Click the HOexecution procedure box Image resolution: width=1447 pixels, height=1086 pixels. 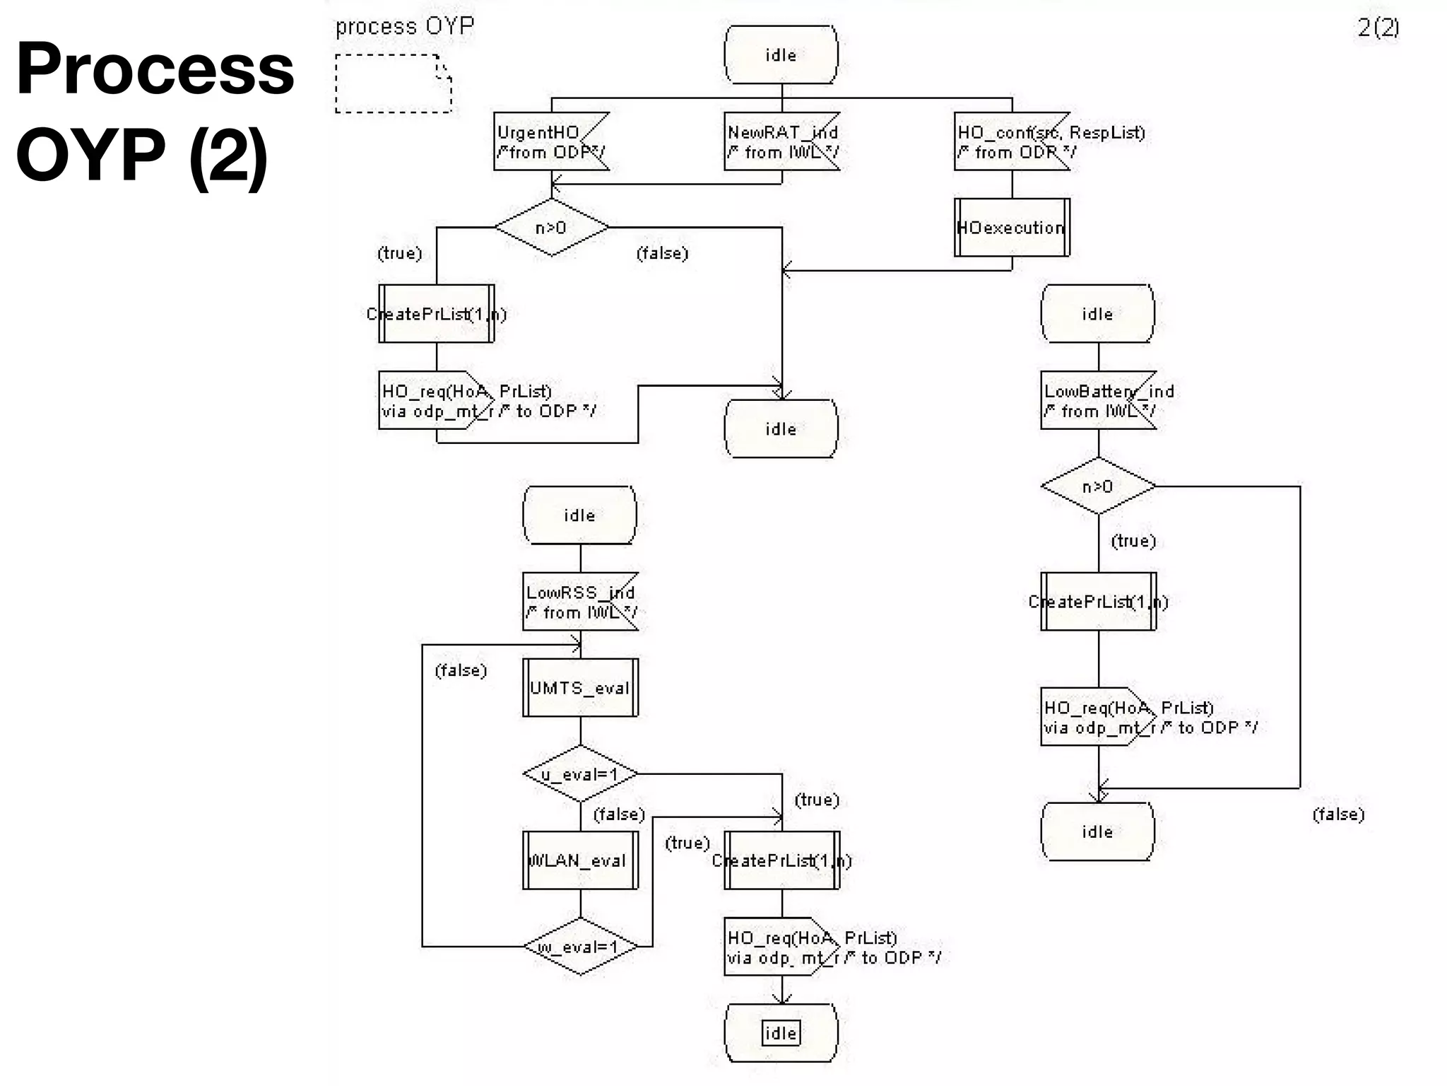point(1012,228)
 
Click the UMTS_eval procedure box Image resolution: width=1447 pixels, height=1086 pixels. point(580,688)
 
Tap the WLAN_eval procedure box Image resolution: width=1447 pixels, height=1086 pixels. point(580,860)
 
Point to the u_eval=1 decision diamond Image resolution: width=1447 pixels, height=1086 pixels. point(580,774)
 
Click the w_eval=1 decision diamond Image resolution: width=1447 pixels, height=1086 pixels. point(580,947)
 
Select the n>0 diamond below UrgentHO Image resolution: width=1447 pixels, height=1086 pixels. point(551,228)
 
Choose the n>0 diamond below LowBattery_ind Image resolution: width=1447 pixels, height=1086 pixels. point(1098,486)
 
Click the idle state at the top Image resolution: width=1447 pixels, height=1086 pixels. point(781,55)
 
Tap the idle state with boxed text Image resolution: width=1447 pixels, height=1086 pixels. point(781,1033)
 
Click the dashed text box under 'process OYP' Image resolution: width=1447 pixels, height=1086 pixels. point(393,83)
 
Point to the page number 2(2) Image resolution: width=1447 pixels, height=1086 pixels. point(1378,28)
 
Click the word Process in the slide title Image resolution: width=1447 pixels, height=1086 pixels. point(155,69)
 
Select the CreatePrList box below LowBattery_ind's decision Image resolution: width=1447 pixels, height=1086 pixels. point(1098,602)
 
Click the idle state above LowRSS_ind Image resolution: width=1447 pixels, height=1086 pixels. point(579,515)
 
